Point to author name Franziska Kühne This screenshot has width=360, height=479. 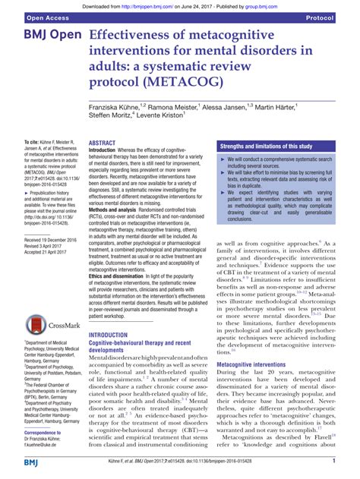point(115,110)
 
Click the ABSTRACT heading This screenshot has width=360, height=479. point(103,143)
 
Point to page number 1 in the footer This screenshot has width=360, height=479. point(335,461)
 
